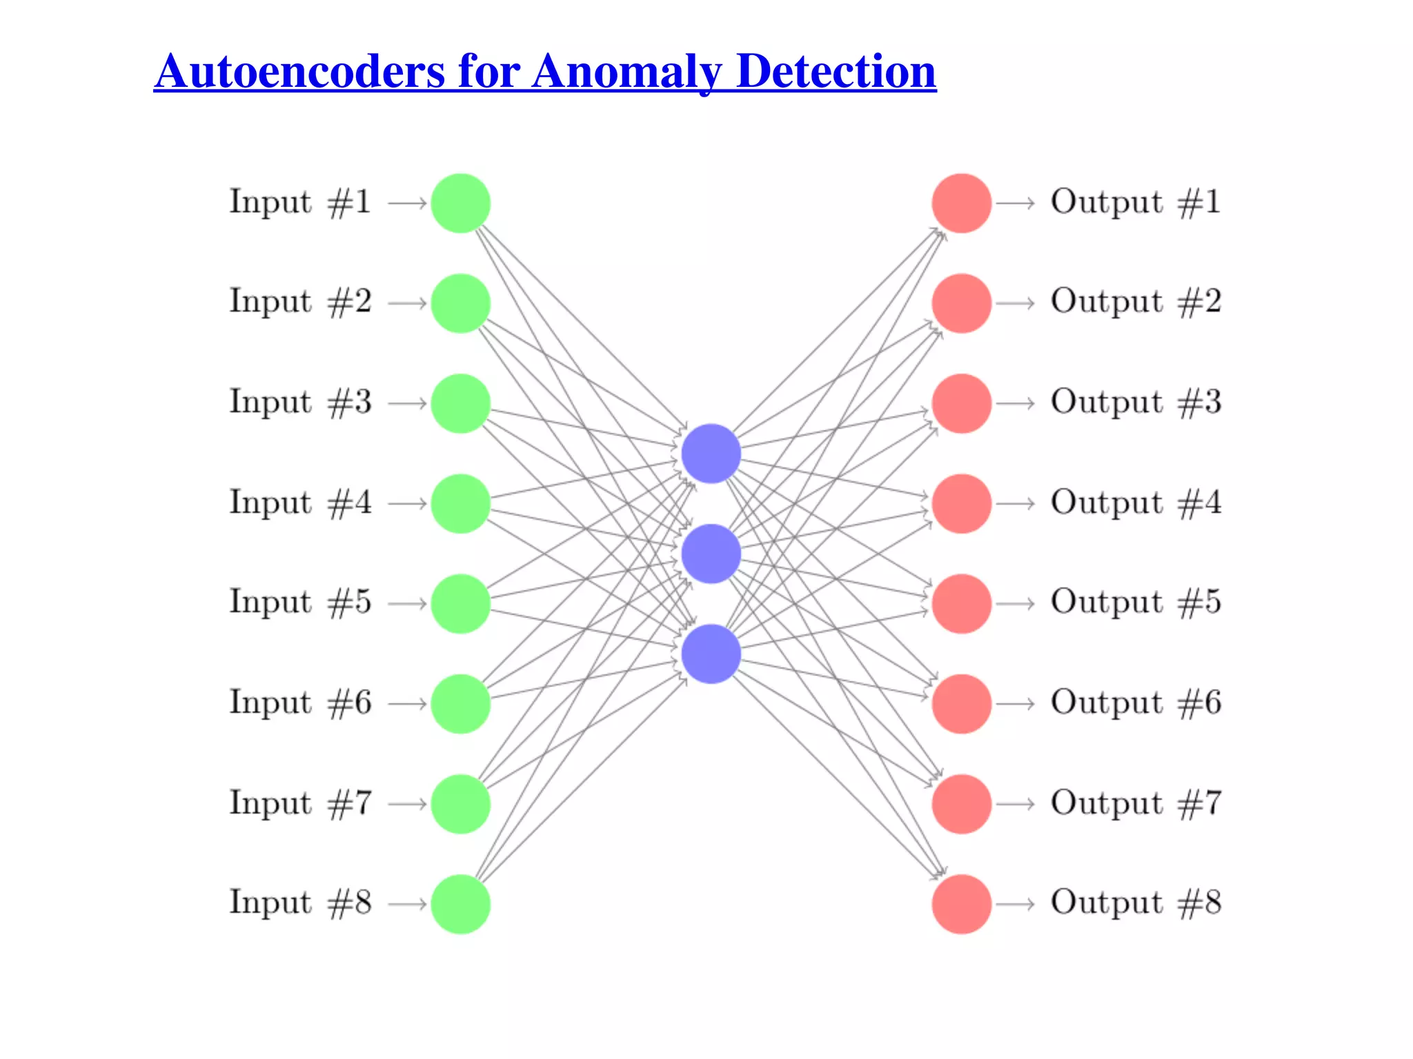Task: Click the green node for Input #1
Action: [x=460, y=203]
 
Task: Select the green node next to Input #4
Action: [x=460, y=504]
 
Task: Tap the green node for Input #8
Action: [x=460, y=905]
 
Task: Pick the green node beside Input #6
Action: [x=460, y=704]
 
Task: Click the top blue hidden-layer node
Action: [x=711, y=454]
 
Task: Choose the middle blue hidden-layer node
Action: [x=711, y=554]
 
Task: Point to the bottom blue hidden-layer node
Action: [x=711, y=654]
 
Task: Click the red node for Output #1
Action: [x=961, y=203]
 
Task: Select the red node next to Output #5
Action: [x=961, y=604]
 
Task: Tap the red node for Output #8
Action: [x=961, y=905]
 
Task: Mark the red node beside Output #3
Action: [x=961, y=403]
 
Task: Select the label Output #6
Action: [x=1136, y=703]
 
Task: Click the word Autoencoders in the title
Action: [x=300, y=71]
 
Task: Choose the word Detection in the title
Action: [x=836, y=71]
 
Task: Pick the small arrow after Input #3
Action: [x=408, y=403]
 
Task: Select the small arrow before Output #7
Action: [x=1015, y=804]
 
